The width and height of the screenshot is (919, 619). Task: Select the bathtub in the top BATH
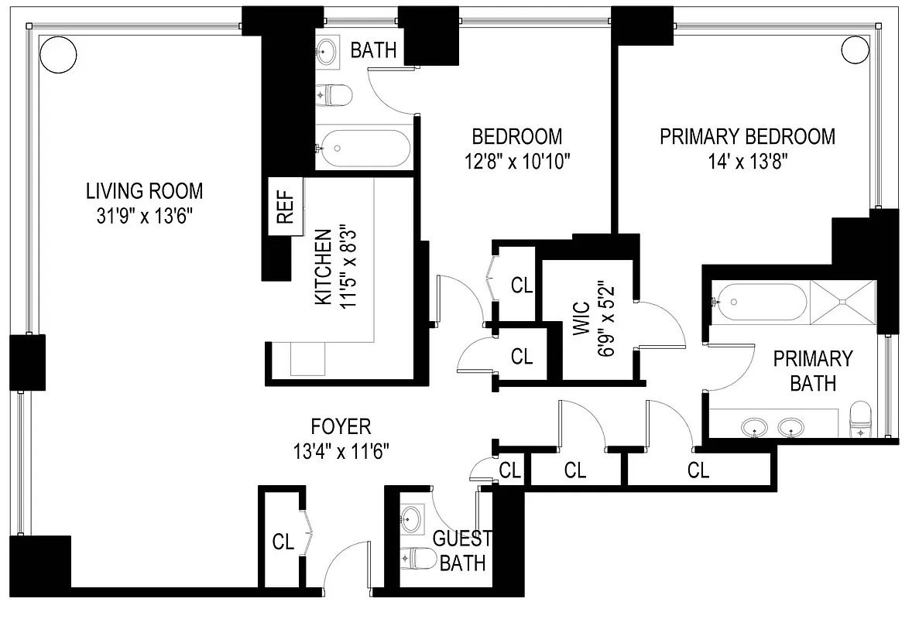363,148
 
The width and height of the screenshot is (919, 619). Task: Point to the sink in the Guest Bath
413,517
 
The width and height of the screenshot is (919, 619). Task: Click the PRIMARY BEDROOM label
747,137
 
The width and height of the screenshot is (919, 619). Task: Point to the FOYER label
341,426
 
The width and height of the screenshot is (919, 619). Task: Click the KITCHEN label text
324,267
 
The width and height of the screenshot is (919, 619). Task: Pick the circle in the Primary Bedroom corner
856,48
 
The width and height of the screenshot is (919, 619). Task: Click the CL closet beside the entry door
283,542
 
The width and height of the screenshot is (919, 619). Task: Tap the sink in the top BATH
327,52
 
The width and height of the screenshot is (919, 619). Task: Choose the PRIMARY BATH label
813,371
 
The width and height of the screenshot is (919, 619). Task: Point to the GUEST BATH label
463,550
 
